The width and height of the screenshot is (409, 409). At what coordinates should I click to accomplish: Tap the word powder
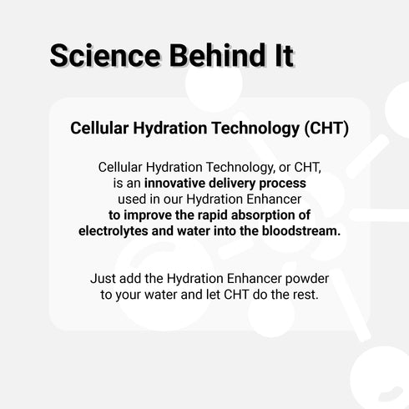pos(296,279)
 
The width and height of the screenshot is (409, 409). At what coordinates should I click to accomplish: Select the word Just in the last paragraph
pos(104,279)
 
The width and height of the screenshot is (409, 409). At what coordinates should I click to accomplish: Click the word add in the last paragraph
pos(135,279)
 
